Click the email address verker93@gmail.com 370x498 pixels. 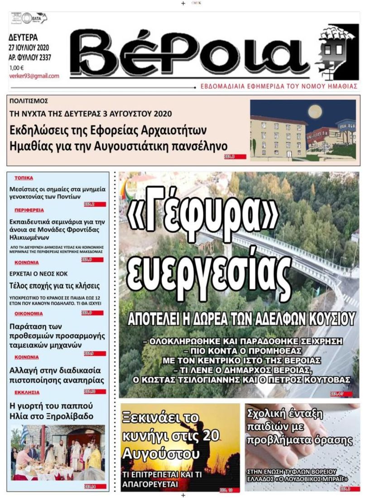coord(34,76)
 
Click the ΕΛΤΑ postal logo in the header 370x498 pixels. coord(31,18)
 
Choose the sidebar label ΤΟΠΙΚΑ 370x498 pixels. coord(24,178)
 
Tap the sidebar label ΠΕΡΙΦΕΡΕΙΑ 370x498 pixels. coord(29,211)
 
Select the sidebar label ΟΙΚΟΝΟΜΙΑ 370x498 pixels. coord(29,313)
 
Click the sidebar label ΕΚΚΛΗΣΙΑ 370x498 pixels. coord(27,393)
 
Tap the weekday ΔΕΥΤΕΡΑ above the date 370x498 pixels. coord(24,38)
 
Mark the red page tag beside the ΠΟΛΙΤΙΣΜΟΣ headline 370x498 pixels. coord(235,157)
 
